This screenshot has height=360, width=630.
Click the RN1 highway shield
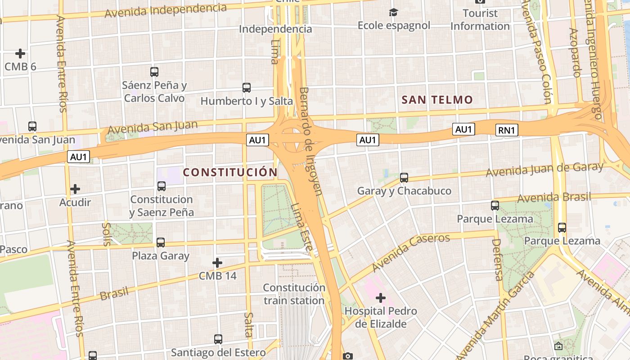click(507, 130)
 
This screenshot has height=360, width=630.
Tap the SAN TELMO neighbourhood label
click(437, 100)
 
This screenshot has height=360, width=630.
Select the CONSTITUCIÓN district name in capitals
click(230, 172)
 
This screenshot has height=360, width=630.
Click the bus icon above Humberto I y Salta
click(247, 88)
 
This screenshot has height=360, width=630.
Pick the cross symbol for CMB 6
click(20, 54)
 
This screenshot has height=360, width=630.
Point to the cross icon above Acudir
click(75, 189)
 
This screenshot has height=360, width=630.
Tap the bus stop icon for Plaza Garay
click(161, 243)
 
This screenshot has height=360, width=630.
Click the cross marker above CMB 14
click(217, 262)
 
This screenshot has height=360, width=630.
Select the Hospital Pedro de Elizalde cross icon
click(381, 297)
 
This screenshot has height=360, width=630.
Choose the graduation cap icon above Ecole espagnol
click(394, 12)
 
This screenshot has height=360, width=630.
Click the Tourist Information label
click(480, 20)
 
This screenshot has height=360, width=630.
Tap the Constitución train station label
click(294, 294)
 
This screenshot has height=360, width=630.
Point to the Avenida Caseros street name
click(410, 253)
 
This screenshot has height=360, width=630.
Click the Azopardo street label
click(576, 53)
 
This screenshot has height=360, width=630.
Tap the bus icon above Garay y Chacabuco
click(404, 178)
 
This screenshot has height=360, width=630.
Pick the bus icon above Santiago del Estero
click(218, 339)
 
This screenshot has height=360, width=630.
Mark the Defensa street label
click(498, 260)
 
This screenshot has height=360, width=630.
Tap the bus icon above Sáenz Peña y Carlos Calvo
click(154, 72)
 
